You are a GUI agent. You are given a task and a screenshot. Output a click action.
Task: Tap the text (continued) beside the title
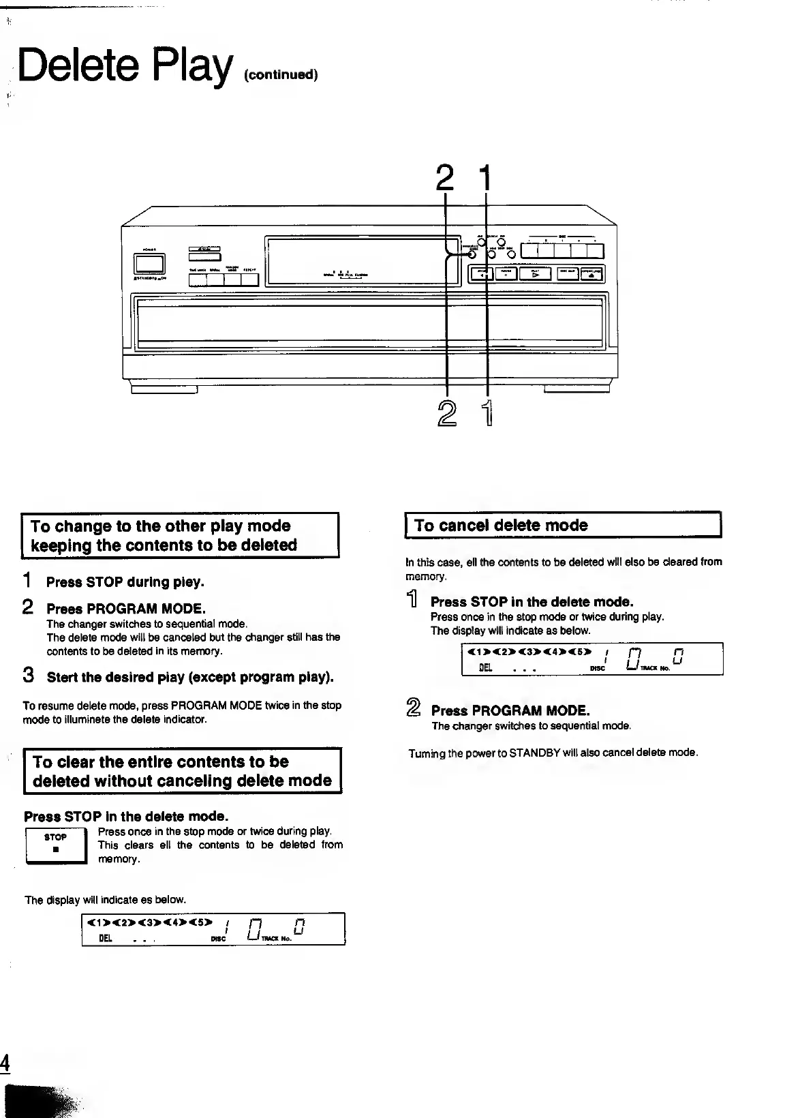[281, 74]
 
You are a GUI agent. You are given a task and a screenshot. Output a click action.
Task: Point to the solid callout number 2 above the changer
[445, 179]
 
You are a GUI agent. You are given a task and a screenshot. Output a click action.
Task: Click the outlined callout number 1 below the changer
[488, 414]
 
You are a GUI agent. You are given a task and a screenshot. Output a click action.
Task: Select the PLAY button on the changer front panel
[535, 274]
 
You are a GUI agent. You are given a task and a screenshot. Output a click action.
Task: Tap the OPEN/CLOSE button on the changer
[591, 274]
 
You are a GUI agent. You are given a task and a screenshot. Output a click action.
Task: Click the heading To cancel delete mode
[501, 526]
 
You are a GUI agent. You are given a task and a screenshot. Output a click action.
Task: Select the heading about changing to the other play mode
[164, 536]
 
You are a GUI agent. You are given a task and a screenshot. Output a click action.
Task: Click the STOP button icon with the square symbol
[55, 846]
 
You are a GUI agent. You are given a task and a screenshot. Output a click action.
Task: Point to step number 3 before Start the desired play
[29, 676]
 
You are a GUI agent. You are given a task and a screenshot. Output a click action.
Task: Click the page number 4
[5, 1063]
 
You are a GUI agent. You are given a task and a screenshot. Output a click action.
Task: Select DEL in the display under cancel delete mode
[486, 668]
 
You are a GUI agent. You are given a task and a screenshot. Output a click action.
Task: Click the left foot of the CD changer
[164, 389]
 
